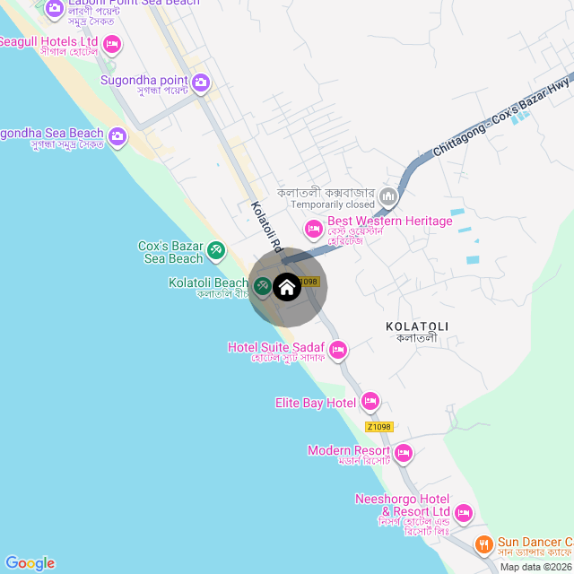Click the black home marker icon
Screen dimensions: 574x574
(287, 287)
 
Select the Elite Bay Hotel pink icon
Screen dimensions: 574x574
(370, 402)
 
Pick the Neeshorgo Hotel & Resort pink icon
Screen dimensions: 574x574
(463, 513)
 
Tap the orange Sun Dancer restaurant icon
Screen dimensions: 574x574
(483, 544)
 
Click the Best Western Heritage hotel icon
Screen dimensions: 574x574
(314, 229)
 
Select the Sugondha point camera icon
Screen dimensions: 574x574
(201, 83)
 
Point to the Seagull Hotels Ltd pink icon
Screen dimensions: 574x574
(112, 43)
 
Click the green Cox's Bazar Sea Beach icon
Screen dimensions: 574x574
(216, 250)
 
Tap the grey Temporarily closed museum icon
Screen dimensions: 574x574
(389, 195)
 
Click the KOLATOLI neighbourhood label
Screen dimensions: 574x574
(416, 326)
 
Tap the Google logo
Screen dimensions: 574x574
(30, 562)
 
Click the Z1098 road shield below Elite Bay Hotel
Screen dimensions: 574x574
(378, 427)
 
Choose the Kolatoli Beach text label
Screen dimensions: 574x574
(208, 283)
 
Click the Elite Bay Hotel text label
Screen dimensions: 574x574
(316, 403)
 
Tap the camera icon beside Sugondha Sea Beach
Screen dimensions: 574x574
(117, 137)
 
